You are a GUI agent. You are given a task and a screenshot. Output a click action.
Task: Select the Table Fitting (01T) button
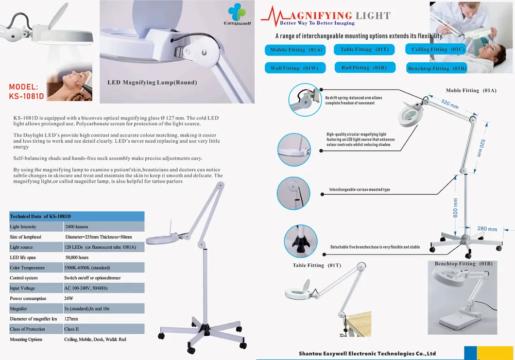pyautogui.click(x=357, y=49)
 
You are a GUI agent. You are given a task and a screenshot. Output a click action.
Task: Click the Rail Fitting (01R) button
pyautogui.click(x=358, y=68)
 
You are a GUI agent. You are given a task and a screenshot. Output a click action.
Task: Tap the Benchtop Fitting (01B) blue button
pyautogui.click(x=437, y=69)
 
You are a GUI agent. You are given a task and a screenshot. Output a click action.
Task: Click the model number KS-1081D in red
pyautogui.click(x=27, y=92)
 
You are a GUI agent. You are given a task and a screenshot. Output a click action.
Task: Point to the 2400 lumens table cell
pyautogui.click(x=77, y=227)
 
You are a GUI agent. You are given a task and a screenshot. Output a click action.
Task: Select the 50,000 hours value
pyautogui.click(x=77, y=257)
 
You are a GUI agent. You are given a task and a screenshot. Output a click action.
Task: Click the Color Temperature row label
pyautogui.click(x=27, y=268)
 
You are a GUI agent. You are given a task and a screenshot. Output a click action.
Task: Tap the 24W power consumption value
pyautogui.click(x=69, y=298)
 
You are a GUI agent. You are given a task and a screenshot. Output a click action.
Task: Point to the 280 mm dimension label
pyautogui.click(x=487, y=229)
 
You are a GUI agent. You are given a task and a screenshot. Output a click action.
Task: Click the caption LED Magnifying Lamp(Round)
pyautogui.click(x=152, y=83)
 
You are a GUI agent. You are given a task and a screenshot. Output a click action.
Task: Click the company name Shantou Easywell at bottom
pyautogui.click(x=367, y=354)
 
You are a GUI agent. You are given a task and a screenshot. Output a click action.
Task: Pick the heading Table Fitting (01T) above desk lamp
pyautogui.click(x=317, y=265)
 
